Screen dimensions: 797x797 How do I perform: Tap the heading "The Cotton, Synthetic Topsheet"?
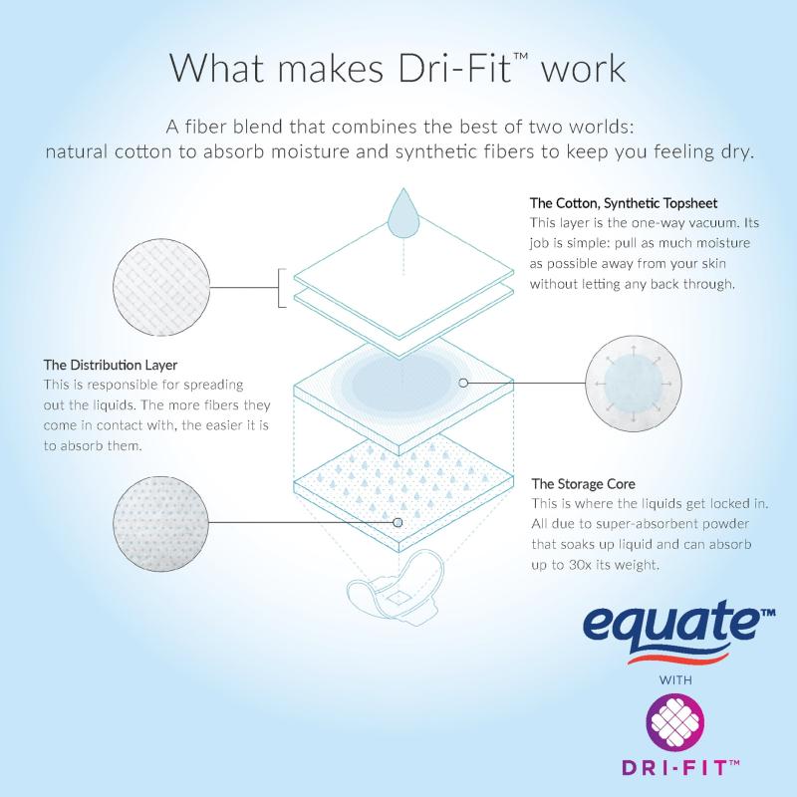tap(624, 203)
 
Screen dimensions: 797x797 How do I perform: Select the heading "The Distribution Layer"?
tap(111, 365)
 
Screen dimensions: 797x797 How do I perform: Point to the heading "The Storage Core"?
tap(584, 483)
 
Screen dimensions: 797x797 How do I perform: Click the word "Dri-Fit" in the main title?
tap(454, 68)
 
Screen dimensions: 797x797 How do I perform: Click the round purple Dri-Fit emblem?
tap(675, 724)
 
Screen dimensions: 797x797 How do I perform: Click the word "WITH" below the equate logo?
tap(675, 679)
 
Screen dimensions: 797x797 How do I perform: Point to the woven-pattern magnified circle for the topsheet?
tap(161, 287)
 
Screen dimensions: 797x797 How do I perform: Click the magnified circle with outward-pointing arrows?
tap(634, 384)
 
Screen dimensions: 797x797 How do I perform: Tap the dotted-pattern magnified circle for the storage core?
tap(160, 524)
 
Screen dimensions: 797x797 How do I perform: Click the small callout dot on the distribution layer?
tap(463, 383)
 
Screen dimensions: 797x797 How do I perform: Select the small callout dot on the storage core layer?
tap(398, 522)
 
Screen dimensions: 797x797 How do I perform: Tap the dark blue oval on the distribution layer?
tap(400, 383)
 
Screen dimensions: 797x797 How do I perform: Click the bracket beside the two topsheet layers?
tap(282, 288)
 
